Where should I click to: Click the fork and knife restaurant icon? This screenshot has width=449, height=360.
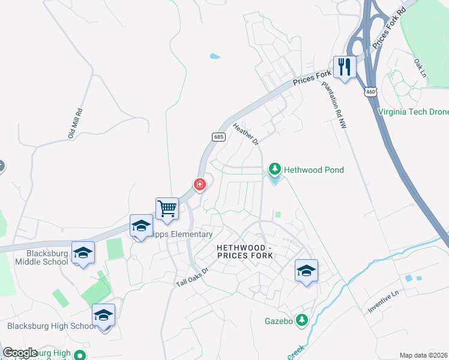pyautogui.click(x=345, y=66)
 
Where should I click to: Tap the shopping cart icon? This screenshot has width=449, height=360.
pyautogui.click(x=167, y=208)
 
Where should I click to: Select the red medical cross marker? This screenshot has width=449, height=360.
pyautogui.click(x=199, y=184)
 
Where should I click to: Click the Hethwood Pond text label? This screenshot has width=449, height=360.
pyautogui.click(x=314, y=170)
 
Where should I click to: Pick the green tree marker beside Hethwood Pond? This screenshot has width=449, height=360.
pyautogui.click(x=275, y=170)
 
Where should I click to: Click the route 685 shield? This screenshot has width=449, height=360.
pyautogui.click(x=218, y=137)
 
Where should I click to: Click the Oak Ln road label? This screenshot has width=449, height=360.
pyautogui.click(x=420, y=67)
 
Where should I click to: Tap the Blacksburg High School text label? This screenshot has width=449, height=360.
pyautogui.click(x=50, y=326)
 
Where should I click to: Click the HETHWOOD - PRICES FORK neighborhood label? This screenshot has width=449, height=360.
pyautogui.click(x=245, y=251)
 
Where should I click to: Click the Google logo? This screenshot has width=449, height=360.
pyautogui.click(x=20, y=353)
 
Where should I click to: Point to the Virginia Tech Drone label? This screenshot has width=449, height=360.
pyautogui.click(x=413, y=111)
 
